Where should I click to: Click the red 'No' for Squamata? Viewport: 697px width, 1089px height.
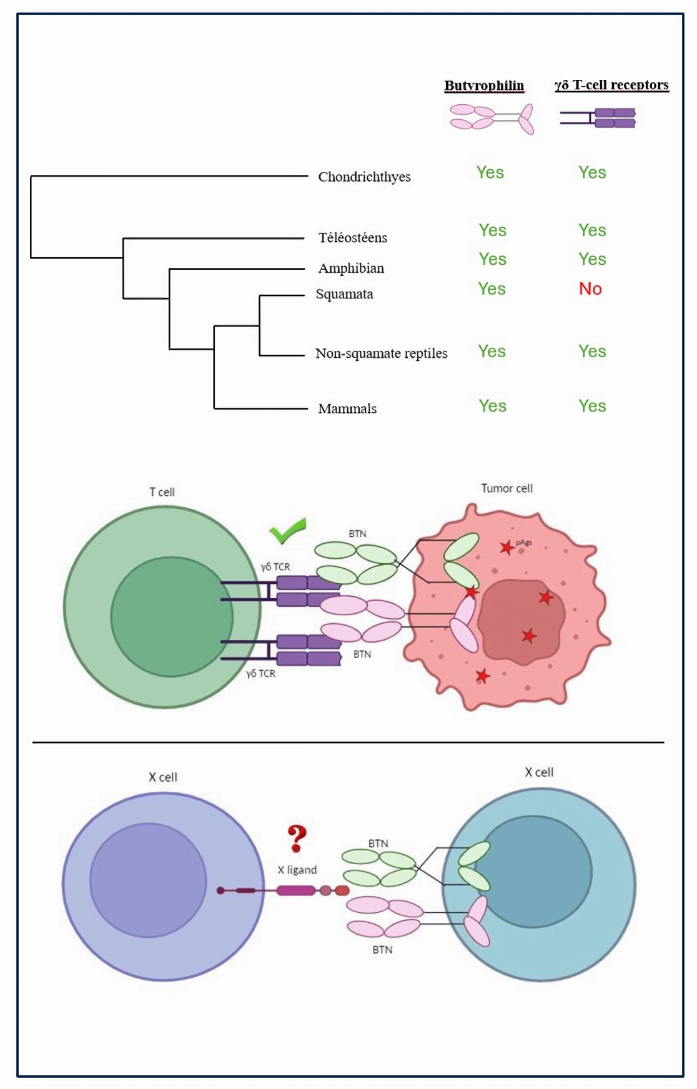click(x=590, y=288)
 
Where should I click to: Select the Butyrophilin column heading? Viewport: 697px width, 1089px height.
click(x=484, y=86)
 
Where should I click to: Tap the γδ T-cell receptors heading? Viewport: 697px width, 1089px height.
click(x=611, y=85)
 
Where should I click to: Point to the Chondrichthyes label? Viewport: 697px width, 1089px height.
click(x=364, y=177)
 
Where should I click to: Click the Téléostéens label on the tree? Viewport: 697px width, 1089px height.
click(x=353, y=237)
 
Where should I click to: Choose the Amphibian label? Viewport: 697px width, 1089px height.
click(x=351, y=268)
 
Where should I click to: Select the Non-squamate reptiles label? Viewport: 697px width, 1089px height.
click(x=381, y=353)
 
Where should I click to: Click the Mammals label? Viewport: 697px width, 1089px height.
click(x=347, y=408)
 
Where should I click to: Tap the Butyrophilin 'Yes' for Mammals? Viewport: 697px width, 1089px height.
click(x=492, y=406)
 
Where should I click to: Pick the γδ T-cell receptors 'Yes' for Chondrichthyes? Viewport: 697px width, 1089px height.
click(x=592, y=172)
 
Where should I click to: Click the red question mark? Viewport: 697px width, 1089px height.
click(x=297, y=838)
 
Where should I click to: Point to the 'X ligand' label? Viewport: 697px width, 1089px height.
click(x=297, y=870)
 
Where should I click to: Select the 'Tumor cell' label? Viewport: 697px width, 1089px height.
click(x=507, y=488)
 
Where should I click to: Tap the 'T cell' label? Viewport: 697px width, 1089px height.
click(x=162, y=492)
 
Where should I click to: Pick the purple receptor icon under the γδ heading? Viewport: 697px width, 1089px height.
click(x=598, y=117)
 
